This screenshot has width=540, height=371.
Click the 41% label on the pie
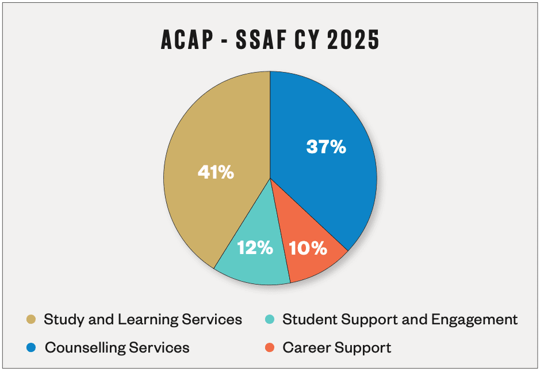pyautogui.click(x=216, y=172)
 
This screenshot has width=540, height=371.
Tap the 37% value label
pyautogui.click(x=326, y=147)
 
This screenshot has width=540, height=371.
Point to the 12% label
pyautogui.click(x=255, y=248)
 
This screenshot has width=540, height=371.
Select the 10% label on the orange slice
pyautogui.click(x=308, y=248)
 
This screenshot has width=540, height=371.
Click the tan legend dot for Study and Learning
pyautogui.click(x=31, y=319)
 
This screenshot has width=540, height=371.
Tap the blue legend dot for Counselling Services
pyautogui.click(x=31, y=347)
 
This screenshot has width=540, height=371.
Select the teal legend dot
pyautogui.click(x=270, y=319)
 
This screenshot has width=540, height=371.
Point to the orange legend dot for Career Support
pyautogui.click(x=270, y=347)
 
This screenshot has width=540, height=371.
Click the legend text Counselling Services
pyautogui.click(x=117, y=347)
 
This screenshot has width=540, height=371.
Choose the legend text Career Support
pyautogui.click(x=337, y=348)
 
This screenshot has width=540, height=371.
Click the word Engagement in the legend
pyautogui.click(x=474, y=320)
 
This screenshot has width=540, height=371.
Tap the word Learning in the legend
pyautogui.click(x=148, y=320)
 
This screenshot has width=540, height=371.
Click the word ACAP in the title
pyautogui.click(x=187, y=40)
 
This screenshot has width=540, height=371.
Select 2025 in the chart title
pyautogui.click(x=353, y=40)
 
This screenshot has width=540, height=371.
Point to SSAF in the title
pyautogui.click(x=262, y=40)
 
